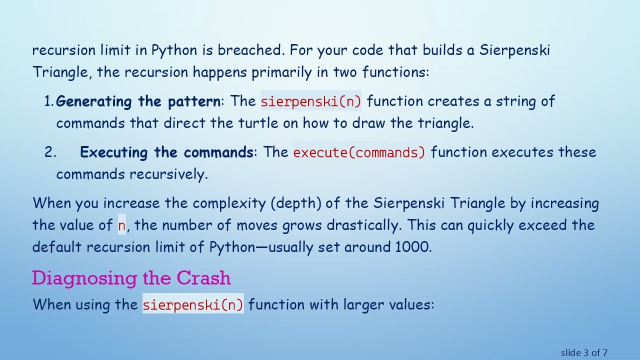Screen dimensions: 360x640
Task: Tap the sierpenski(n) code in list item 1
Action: point(310,101)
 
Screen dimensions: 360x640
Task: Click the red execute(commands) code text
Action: point(359,152)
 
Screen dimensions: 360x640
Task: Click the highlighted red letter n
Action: point(121,225)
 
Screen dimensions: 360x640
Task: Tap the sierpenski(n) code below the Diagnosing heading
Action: point(193,304)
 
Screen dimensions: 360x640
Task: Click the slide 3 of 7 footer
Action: point(584,353)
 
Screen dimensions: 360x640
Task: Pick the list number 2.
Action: point(49,152)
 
